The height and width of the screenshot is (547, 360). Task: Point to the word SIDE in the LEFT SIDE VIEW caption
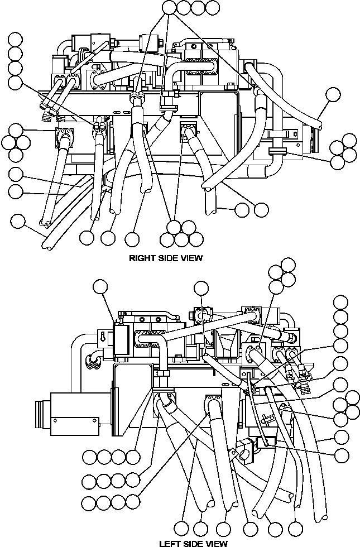tap(195, 543)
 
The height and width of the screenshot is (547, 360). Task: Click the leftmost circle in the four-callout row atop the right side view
tap(170, 7)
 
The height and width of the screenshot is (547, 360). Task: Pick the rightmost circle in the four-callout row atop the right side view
tap(212, 7)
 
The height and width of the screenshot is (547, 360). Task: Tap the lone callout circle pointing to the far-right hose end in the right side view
tap(333, 94)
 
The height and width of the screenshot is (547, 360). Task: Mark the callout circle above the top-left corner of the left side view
tap(100, 287)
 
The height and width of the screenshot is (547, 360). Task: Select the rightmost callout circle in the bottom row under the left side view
tap(296, 526)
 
